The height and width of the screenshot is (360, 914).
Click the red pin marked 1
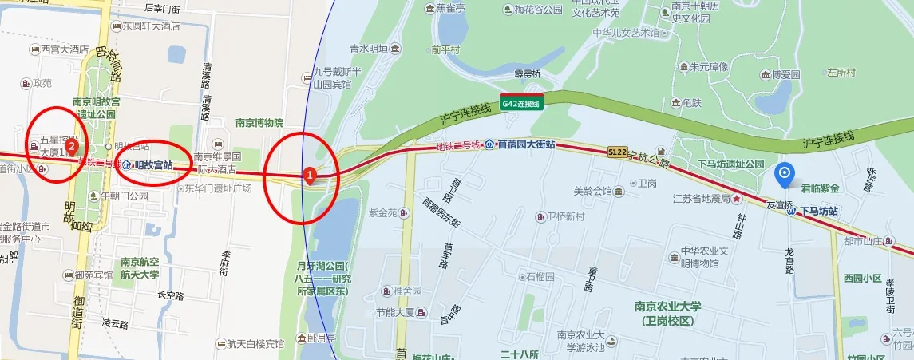pyautogui.click(x=310, y=173)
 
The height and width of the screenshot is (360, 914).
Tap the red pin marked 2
pyautogui.click(x=72, y=146)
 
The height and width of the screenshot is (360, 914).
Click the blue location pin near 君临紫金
pyautogui.click(x=785, y=173)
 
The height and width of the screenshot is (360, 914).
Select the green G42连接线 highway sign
pyautogui.click(x=521, y=103)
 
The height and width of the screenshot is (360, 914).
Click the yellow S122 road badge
pyautogui.click(x=617, y=151)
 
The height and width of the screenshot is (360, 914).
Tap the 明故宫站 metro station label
pyautogui.click(x=154, y=165)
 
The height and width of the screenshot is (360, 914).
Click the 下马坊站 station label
pyautogui.click(x=819, y=211)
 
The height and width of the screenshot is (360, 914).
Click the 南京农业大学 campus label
pyautogui.click(x=667, y=312)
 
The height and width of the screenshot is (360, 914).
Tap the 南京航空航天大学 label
pyautogui.click(x=140, y=267)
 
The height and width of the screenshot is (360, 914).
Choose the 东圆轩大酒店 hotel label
pyautogui.click(x=150, y=26)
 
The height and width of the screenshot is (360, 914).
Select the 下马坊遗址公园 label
pyautogui.click(x=730, y=163)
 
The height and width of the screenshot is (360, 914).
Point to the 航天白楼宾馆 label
pyautogui.click(x=255, y=344)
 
